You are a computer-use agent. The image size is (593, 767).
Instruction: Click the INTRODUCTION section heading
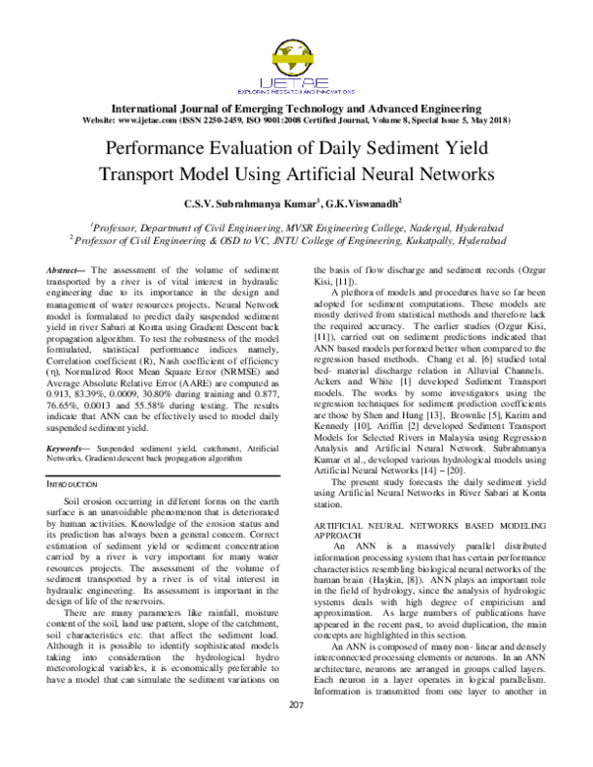(x=77, y=485)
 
